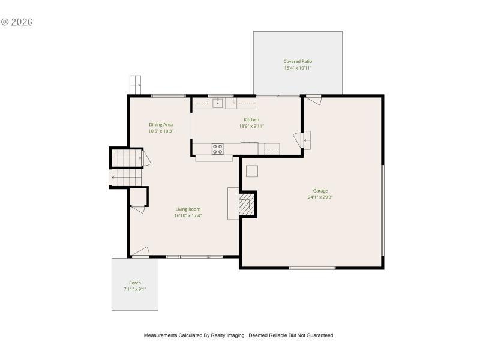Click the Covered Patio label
pos(298,62)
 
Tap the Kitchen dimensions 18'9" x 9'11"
pos(251,126)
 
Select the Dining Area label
pos(161,125)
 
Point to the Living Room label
pos(188,209)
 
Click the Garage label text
pos(320,191)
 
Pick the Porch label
pos(135,283)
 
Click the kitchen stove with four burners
pos(217,148)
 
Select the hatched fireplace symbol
pos(246,204)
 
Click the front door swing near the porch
pos(140,252)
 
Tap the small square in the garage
pos(252,171)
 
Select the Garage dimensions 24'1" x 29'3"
pos(320,197)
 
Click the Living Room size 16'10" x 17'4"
pos(188,215)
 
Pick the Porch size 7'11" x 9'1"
pos(135,289)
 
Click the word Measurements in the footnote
pos(160,335)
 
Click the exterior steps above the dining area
pos(135,84)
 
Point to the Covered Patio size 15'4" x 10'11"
pos(298,68)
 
